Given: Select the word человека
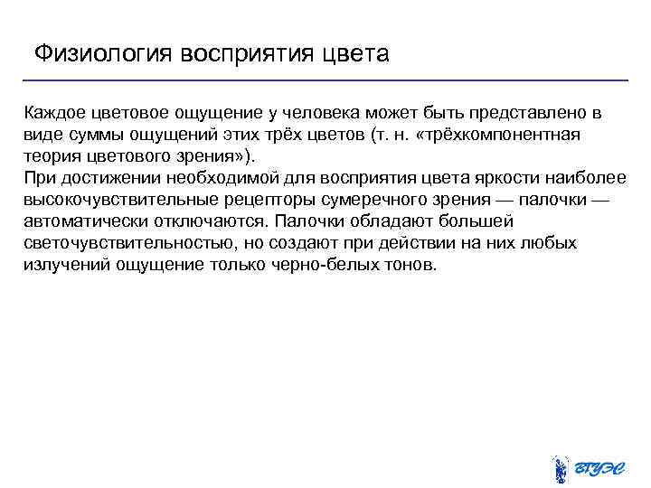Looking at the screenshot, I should click(x=318, y=113).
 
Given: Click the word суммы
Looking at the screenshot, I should click(x=89, y=135).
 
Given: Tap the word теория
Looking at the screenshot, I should click(x=52, y=156).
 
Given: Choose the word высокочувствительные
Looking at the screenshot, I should click(x=114, y=200).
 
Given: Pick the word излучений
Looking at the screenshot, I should click(x=61, y=265).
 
